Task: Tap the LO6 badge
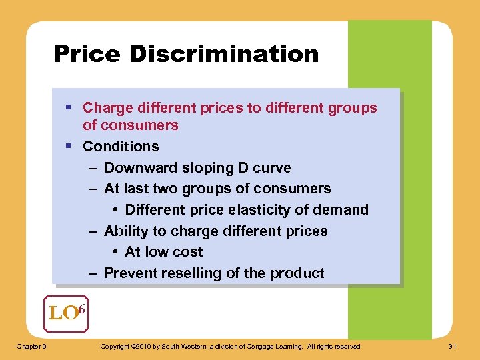(67, 313)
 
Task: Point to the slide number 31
(453, 346)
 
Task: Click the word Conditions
(121, 146)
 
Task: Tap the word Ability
(127, 231)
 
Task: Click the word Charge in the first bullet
(105, 107)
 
